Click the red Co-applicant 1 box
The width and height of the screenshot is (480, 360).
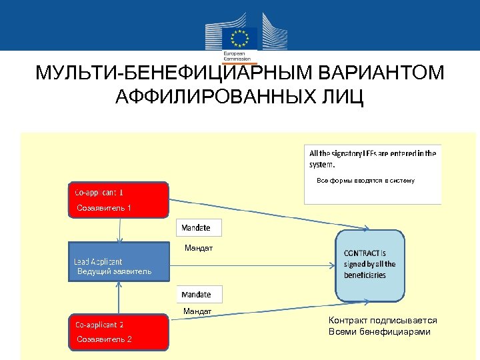tap(119, 200)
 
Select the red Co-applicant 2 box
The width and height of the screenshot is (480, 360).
tap(119, 331)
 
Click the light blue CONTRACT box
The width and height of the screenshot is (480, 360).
tap(369, 265)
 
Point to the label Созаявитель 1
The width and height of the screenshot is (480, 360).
tap(104, 208)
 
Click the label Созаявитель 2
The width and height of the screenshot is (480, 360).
tap(104, 339)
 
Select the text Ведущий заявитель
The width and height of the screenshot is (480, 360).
tap(114, 271)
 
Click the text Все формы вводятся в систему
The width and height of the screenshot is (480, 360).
tap(365, 181)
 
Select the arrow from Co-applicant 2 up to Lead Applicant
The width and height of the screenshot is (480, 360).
tap(118, 297)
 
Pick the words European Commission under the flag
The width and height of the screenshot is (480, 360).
tap(234, 55)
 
